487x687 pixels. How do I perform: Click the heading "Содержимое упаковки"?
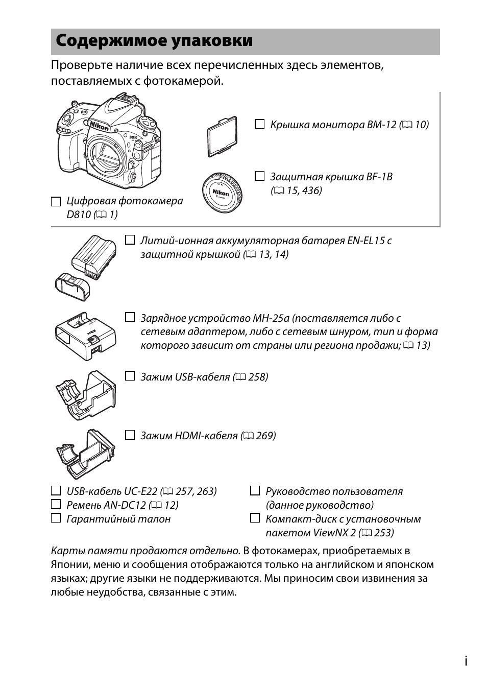tap(154, 41)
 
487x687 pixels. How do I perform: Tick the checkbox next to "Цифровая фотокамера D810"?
tap(56, 201)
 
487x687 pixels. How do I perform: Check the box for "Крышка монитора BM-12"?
tap(259, 124)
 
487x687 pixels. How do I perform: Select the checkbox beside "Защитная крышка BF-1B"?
tap(259, 176)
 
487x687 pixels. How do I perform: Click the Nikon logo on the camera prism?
tap(100, 126)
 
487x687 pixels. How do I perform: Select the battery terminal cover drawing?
tap(73, 287)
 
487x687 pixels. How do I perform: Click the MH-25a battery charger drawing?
tap(85, 336)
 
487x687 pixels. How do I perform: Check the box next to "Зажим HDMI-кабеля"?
tap(130, 435)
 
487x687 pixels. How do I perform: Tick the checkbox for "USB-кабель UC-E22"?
tap(56, 491)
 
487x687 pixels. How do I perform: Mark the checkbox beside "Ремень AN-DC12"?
tap(56, 505)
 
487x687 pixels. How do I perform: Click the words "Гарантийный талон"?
tap(118, 519)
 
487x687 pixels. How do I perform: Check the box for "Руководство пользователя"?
tap(255, 491)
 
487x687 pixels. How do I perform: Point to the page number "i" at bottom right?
tap(466, 661)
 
